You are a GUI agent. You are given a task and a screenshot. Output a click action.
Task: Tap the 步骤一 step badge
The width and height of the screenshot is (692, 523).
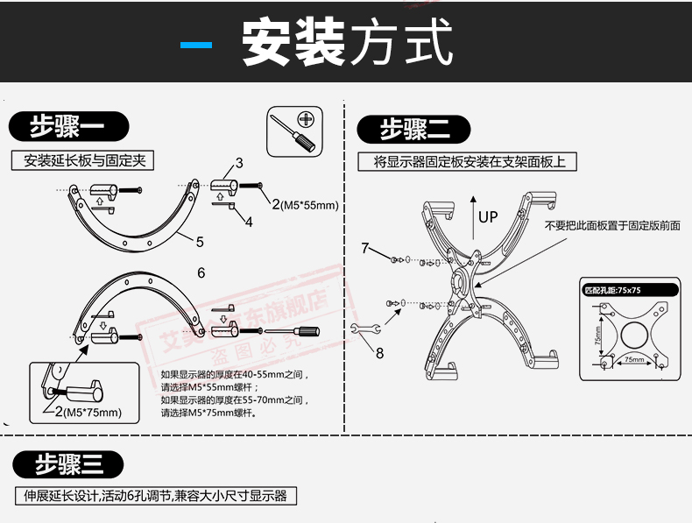click(67, 128)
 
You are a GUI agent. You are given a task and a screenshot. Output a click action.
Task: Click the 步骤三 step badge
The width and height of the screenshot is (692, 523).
click(67, 464)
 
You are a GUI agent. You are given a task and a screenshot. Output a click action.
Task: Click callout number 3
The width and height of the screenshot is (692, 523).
click(239, 164)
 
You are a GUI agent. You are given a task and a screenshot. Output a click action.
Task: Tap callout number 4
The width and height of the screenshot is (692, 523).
click(249, 222)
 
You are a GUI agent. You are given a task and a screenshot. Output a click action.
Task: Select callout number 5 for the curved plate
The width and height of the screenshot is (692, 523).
click(200, 242)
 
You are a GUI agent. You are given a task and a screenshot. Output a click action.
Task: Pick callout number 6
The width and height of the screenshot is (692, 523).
click(201, 273)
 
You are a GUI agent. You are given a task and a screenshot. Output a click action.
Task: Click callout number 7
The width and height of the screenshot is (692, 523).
click(365, 248)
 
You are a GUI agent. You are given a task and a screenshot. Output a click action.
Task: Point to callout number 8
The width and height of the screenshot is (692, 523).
click(380, 353)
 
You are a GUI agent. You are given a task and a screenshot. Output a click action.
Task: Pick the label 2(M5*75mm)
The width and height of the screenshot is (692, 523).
click(88, 413)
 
